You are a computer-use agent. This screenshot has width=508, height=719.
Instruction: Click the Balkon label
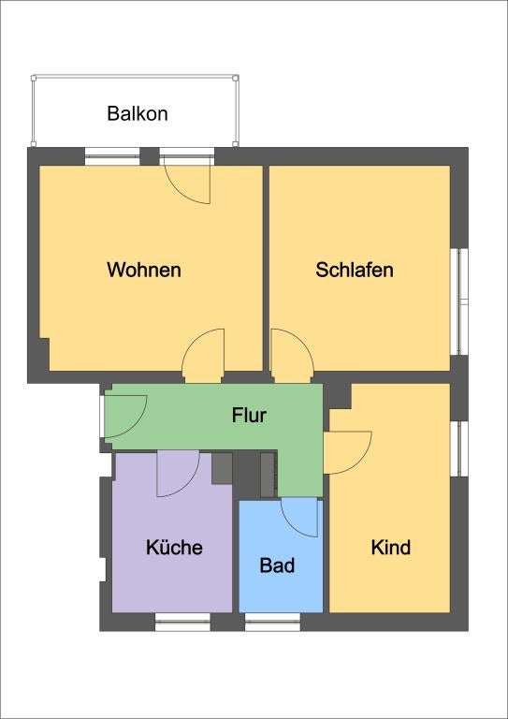pos(138,113)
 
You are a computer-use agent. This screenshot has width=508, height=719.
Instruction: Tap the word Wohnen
pos(144,270)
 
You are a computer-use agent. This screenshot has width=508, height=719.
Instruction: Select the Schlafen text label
pos(354,270)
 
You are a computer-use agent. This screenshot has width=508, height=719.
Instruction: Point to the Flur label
pos(249,416)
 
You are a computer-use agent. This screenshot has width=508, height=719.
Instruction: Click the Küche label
pos(174,547)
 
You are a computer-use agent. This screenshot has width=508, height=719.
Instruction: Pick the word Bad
pos(277,565)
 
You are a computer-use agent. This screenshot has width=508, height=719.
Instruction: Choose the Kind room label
pos(391,548)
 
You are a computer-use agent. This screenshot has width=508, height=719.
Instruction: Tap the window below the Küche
pos(182,622)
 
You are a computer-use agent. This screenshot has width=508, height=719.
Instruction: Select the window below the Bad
pos(272,622)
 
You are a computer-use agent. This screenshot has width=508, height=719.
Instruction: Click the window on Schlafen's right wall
pos(459,301)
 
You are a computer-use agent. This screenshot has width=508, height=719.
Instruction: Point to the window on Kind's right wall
pos(459,448)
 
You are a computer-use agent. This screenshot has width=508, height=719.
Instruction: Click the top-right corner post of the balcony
pos(236,78)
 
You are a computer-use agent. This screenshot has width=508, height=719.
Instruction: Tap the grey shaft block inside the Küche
pos(222,468)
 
